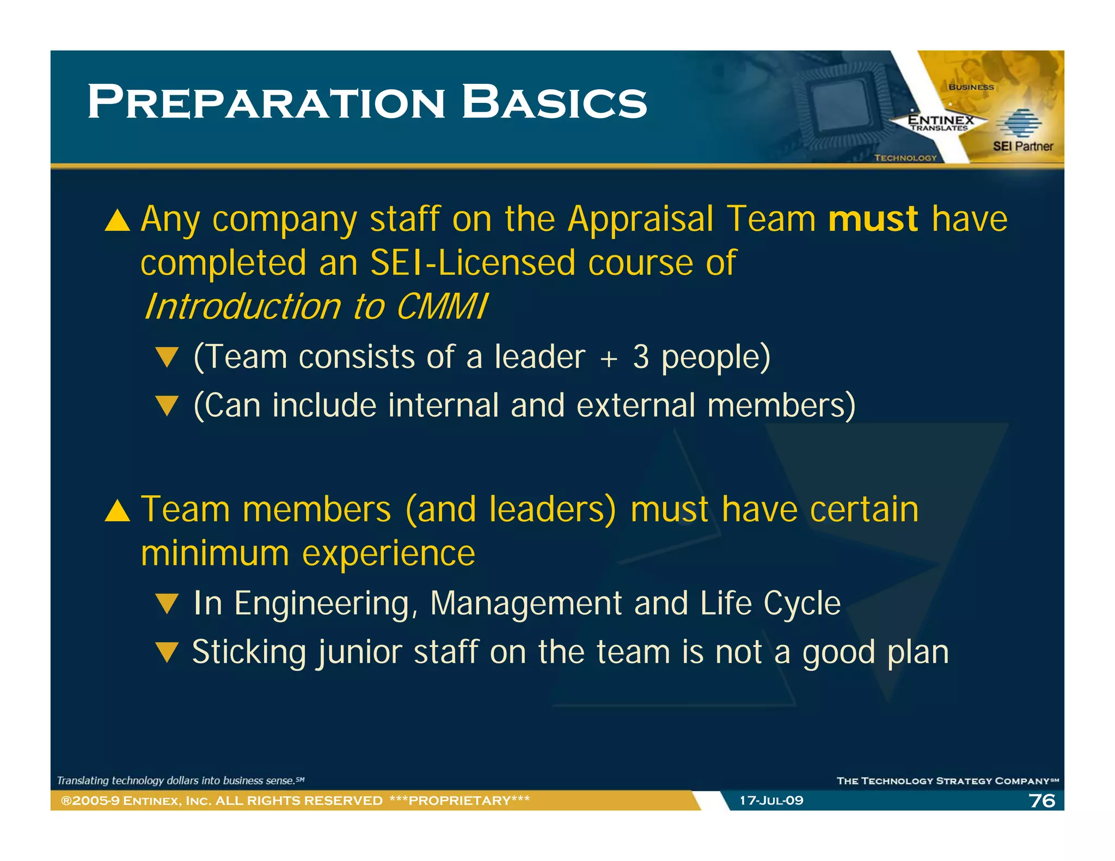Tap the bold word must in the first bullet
point(873,219)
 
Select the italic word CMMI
point(442,307)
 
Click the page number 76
point(1042,801)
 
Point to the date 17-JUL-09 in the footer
point(771,801)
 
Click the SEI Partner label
point(1022,146)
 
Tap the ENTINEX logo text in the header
point(941,120)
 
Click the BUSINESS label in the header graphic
point(971,87)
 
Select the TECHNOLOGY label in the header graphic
point(905,158)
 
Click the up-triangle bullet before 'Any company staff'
point(118,221)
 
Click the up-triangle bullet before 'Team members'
point(118,511)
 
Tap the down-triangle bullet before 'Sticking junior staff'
point(167,652)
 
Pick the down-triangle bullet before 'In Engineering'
point(167,604)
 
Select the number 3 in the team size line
point(641,358)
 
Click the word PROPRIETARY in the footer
point(460,801)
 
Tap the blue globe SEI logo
point(1018,123)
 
